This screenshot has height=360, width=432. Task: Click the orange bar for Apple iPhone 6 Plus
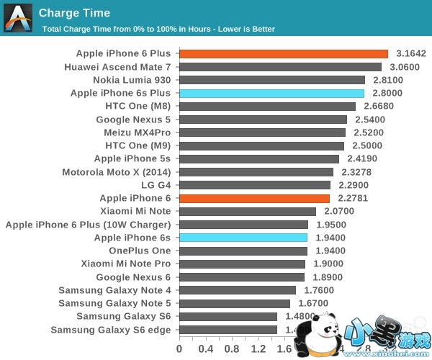(x=284, y=54)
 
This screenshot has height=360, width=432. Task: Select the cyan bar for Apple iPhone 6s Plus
(x=272, y=94)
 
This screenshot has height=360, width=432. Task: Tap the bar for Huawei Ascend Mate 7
(x=280, y=67)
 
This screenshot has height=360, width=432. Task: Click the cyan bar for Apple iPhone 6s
(x=243, y=238)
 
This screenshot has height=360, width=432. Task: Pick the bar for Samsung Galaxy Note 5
(x=235, y=304)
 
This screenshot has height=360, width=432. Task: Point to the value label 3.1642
(x=411, y=54)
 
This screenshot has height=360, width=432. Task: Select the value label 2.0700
(x=339, y=212)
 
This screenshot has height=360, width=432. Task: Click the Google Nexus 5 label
(x=133, y=120)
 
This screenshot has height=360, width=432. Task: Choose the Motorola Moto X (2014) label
(x=117, y=172)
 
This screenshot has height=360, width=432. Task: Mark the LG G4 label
(x=156, y=185)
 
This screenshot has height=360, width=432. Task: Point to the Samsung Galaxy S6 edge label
(x=111, y=330)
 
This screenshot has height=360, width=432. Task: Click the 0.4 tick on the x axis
(x=205, y=349)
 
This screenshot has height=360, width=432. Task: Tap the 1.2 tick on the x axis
(x=258, y=349)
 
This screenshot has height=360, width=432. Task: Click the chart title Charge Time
(x=74, y=13)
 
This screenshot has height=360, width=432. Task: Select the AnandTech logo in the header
(x=18, y=17)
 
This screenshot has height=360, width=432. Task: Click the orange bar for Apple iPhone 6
(x=254, y=198)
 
